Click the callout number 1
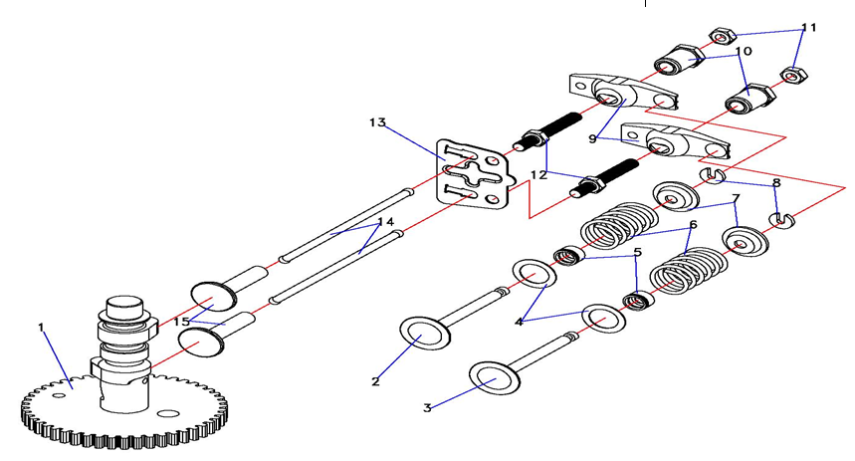point(42,327)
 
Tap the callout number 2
point(375,381)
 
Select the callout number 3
point(427,407)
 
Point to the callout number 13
point(376,122)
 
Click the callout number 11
point(808,28)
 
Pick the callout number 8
point(776,183)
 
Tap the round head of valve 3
point(497,378)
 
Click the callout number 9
point(593,138)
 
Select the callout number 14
point(385,221)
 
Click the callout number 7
point(735,199)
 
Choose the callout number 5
point(637,253)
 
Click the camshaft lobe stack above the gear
point(125,334)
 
